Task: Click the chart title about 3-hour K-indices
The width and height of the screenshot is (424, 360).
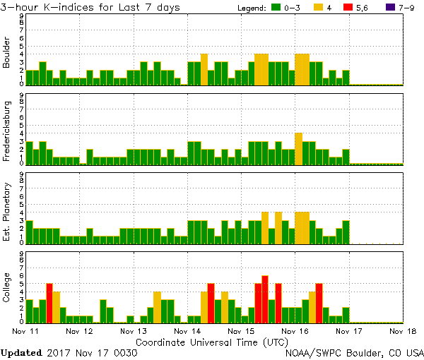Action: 90,7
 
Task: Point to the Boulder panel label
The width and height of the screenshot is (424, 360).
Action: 7,53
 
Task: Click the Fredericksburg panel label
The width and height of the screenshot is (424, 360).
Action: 7,132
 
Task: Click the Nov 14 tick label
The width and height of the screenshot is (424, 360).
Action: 187,330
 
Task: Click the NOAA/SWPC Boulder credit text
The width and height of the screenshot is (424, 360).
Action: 353,352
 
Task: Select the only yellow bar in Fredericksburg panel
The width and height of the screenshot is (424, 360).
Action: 298,148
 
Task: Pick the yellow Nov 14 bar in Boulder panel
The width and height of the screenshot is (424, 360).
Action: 204,69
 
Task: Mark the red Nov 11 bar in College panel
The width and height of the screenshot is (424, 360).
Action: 49,303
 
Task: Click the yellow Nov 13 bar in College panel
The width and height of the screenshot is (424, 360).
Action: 157,307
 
